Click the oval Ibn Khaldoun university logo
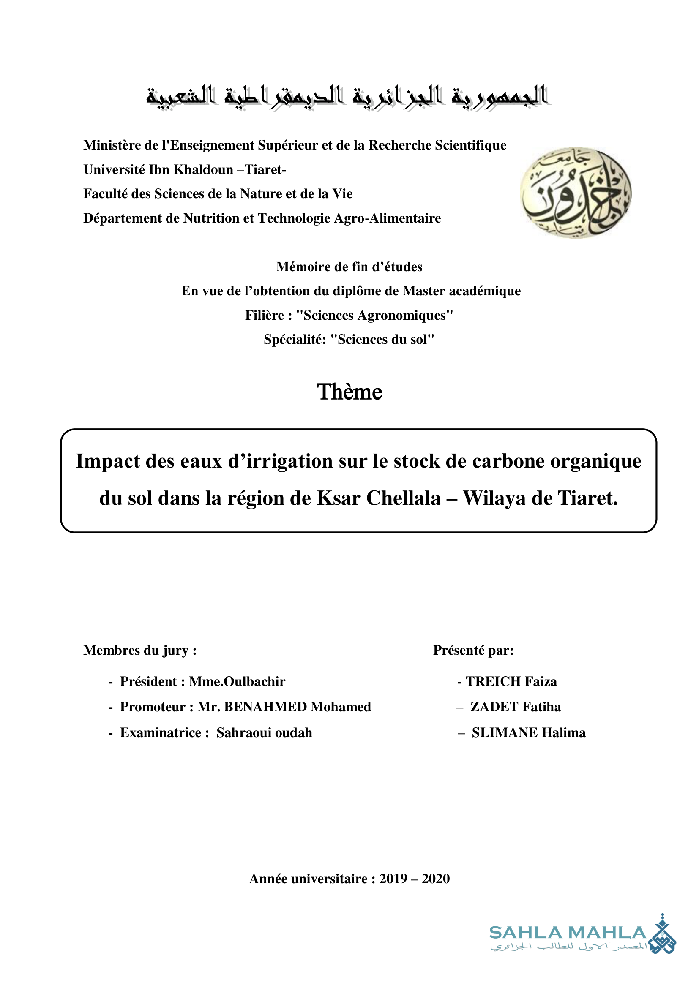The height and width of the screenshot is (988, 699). coord(576,192)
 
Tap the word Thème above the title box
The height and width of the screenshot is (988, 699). coord(349,392)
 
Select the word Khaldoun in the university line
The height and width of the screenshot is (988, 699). coord(204,170)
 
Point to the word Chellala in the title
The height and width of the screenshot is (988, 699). coord(404,498)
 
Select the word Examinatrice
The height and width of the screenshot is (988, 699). coord(160,733)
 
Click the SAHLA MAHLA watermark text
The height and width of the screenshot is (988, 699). coord(568,933)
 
